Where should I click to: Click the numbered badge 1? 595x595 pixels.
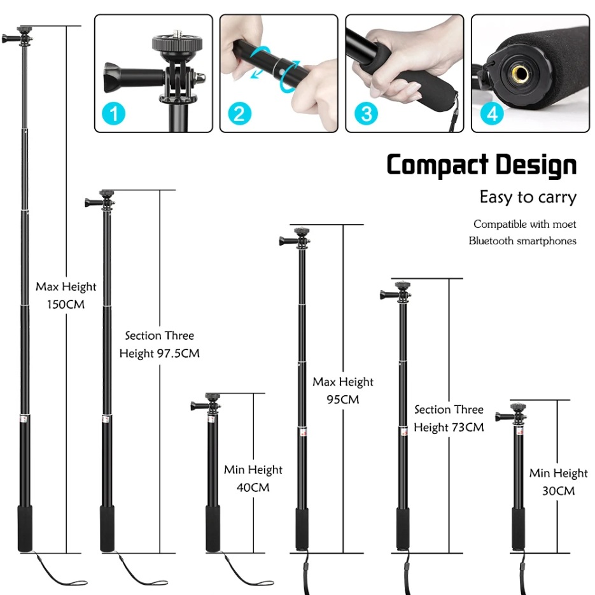(113, 115)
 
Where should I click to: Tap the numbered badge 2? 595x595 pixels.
(239, 115)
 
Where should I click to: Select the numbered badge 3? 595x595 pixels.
(365, 115)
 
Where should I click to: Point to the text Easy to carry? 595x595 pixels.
(528, 197)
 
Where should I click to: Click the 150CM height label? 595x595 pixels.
(66, 305)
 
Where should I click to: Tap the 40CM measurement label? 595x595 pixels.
(253, 487)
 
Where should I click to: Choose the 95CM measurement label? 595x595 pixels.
(342, 400)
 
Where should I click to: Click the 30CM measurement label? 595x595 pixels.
(558, 491)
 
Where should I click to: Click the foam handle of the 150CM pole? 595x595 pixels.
(24, 528)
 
